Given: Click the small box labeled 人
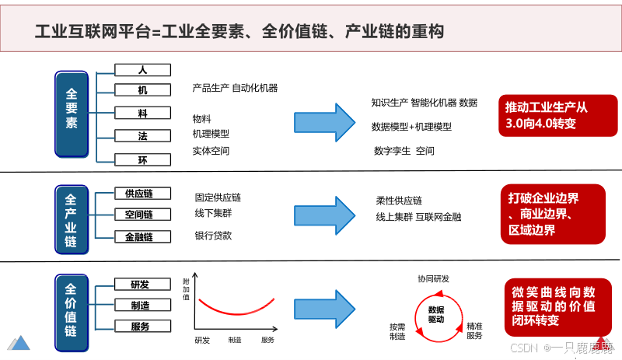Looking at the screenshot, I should click(142, 70).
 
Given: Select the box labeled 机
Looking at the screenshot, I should click(142, 90).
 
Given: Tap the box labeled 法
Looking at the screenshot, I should click(142, 136).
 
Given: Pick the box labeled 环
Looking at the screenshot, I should click(142, 159).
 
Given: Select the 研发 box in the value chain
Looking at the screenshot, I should click(140, 285).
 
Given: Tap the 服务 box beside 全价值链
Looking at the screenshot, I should click(140, 326).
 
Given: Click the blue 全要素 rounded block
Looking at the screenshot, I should click(72, 112).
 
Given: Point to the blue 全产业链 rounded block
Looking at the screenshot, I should click(72, 218).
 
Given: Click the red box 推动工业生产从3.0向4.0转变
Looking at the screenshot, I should click(550, 115).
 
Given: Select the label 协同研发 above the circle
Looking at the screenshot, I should click(433, 278).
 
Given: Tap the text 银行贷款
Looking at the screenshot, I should click(213, 236).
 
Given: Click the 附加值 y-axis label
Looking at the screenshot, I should click(186, 289).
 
